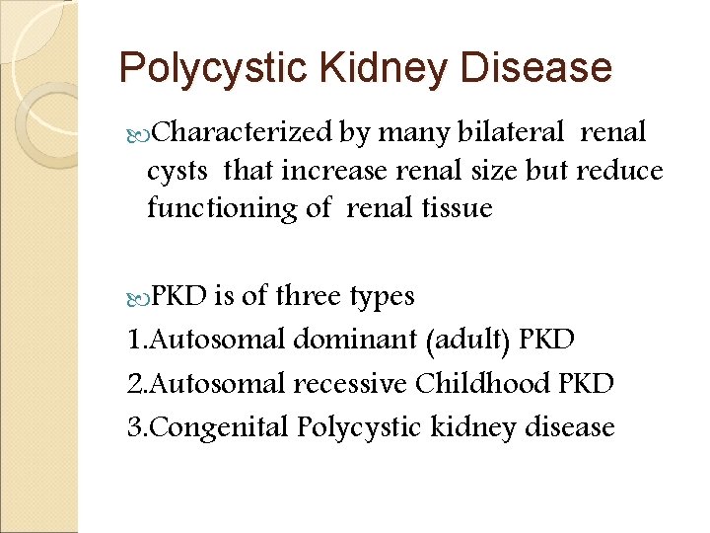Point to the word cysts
pos(177,171)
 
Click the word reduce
pos(619,171)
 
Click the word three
pos(309,296)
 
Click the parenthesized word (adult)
pos(467,342)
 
